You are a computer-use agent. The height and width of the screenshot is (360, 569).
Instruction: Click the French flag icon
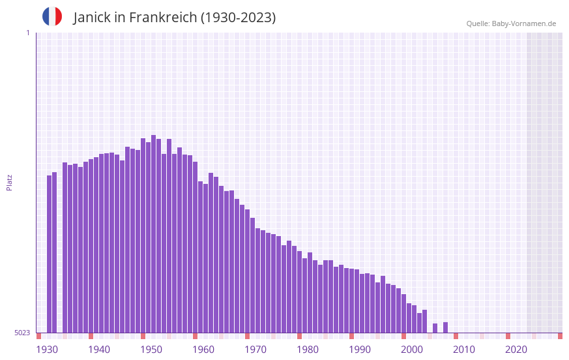pos(52,17)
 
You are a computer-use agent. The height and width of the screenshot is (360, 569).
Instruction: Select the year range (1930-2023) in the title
pos(238,18)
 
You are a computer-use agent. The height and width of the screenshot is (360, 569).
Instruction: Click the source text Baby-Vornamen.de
pos(524,23)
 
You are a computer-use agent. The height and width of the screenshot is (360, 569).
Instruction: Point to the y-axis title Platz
pos(9,182)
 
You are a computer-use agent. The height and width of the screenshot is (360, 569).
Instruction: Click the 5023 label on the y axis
pos(22,333)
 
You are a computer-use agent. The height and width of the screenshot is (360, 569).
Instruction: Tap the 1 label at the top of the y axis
pos(27,33)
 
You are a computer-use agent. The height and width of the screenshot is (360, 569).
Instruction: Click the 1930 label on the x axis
pos(47,350)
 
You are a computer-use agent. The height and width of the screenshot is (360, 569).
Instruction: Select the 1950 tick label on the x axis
pos(151,350)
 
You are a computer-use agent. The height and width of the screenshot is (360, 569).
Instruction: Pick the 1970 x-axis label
pos(255,350)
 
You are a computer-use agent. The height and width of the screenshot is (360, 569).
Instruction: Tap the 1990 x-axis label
pos(360,350)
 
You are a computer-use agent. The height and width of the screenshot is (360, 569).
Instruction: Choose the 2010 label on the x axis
pos(464,350)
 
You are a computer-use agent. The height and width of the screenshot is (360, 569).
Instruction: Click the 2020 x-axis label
pos(516,350)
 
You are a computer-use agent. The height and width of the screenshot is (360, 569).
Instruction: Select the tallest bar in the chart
pos(153,233)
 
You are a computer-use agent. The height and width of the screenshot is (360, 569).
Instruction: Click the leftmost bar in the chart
pos(49,254)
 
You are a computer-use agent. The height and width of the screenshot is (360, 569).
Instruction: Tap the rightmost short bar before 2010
pos(445,327)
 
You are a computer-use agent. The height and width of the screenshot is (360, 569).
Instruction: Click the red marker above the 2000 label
pos(403,336)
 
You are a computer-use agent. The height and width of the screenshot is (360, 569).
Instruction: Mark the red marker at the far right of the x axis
pos(560,336)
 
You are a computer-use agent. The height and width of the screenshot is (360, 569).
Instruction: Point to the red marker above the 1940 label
pos(91,336)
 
